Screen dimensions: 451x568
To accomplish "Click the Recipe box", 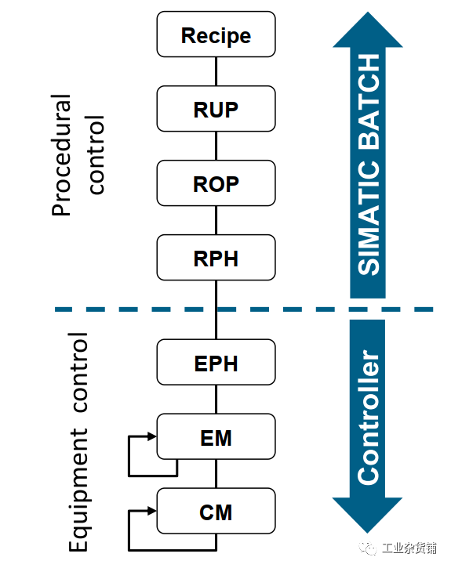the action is [x=216, y=34].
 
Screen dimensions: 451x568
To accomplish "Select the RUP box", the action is [x=216, y=109].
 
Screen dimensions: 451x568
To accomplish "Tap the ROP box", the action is [x=216, y=183].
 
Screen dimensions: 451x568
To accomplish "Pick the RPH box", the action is [x=216, y=258].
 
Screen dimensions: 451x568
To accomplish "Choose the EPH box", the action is [x=216, y=362].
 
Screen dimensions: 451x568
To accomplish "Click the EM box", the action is [x=216, y=436].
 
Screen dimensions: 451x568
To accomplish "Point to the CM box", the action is [x=216, y=511].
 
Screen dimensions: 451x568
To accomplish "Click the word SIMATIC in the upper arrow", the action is [x=369, y=217].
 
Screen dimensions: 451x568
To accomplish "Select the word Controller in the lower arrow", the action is [x=369, y=418].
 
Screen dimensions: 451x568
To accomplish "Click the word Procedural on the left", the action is [x=61, y=155].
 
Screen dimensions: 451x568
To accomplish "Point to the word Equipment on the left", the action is [x=78, y=490].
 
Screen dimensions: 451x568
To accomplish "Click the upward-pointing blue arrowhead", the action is [x=368, y=30].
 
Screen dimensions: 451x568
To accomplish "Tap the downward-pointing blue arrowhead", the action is [x=367, y=515].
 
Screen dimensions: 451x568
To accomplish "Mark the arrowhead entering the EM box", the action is [x=152, y=436].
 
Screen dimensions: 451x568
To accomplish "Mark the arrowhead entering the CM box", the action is [x=152, y=511].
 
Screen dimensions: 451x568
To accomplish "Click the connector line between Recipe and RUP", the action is [x=216, y=71].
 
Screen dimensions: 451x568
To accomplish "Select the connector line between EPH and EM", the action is [x=216, y=400].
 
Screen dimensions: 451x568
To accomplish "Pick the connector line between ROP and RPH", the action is [x=216, y=220].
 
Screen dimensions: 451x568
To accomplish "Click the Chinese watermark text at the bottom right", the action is [x=409, y=548].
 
